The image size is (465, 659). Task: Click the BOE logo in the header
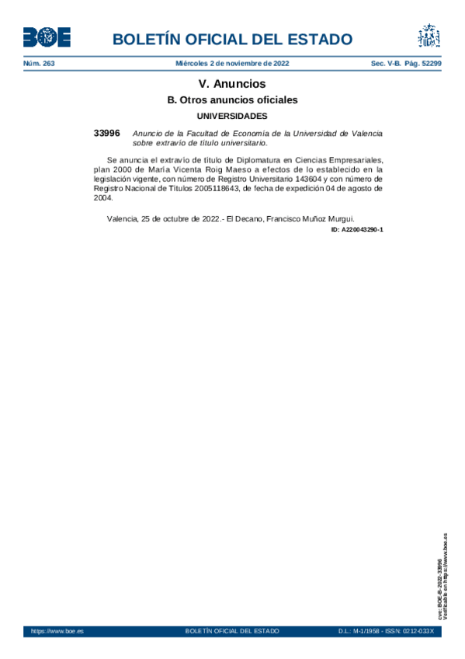[x=47, y=37]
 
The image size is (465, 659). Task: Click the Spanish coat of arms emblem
[x=429, y=37]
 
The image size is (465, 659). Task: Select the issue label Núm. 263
[x=39, y=63]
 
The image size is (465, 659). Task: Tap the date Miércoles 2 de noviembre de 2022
[x=232, y=63]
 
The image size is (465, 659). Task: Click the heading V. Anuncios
[x=232, y=84]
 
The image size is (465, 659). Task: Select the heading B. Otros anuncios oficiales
[x=232, y=100]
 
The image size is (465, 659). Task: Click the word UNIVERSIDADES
[x=232, y=116]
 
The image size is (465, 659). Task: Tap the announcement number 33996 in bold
[x=106, y=134]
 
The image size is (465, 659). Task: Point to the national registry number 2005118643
[x=217, y=187]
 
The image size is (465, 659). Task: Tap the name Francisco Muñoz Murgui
[x=310, y=218]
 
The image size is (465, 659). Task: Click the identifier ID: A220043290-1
[x=357, y=230]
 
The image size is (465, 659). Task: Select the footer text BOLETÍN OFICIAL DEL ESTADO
[x=232, y=631]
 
